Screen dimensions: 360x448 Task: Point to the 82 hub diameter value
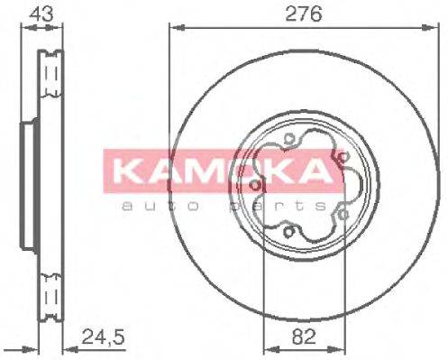[x=303, y=340]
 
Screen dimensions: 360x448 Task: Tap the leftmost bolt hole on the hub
[x=259, y=187]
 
